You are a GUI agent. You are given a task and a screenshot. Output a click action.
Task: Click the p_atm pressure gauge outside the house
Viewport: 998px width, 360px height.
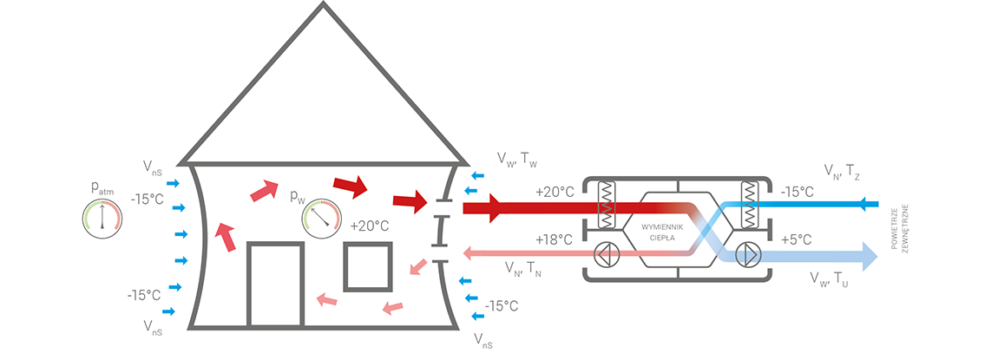pos(102,219)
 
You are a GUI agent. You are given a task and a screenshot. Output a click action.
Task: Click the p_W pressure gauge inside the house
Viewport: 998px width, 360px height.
pos(322,219)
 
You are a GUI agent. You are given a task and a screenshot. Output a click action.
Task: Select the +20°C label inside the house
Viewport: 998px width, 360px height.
pos(369,226)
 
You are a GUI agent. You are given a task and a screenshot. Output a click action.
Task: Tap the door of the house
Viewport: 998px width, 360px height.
pos(275,285)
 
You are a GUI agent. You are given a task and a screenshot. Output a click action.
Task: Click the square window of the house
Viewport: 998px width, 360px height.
pos(368,266)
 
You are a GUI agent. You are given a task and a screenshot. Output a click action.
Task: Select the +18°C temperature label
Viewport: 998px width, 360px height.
pos(555,239)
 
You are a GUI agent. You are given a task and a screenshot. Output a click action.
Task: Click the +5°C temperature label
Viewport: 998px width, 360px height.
pos(797,239)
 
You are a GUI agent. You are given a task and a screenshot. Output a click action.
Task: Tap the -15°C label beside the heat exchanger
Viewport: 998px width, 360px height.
pos(797,192)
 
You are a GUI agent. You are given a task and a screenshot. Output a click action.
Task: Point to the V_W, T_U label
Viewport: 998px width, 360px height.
pos(829,278)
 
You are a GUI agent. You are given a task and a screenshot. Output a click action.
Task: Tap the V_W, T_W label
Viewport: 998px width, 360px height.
pos(518,159)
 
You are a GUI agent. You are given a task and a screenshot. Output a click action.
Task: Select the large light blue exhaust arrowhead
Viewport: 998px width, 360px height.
pos(868,256)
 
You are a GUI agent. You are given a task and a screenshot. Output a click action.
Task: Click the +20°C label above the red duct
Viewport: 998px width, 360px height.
pos(555,192)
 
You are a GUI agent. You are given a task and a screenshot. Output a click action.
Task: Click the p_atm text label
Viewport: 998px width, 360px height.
pos(102,187)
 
